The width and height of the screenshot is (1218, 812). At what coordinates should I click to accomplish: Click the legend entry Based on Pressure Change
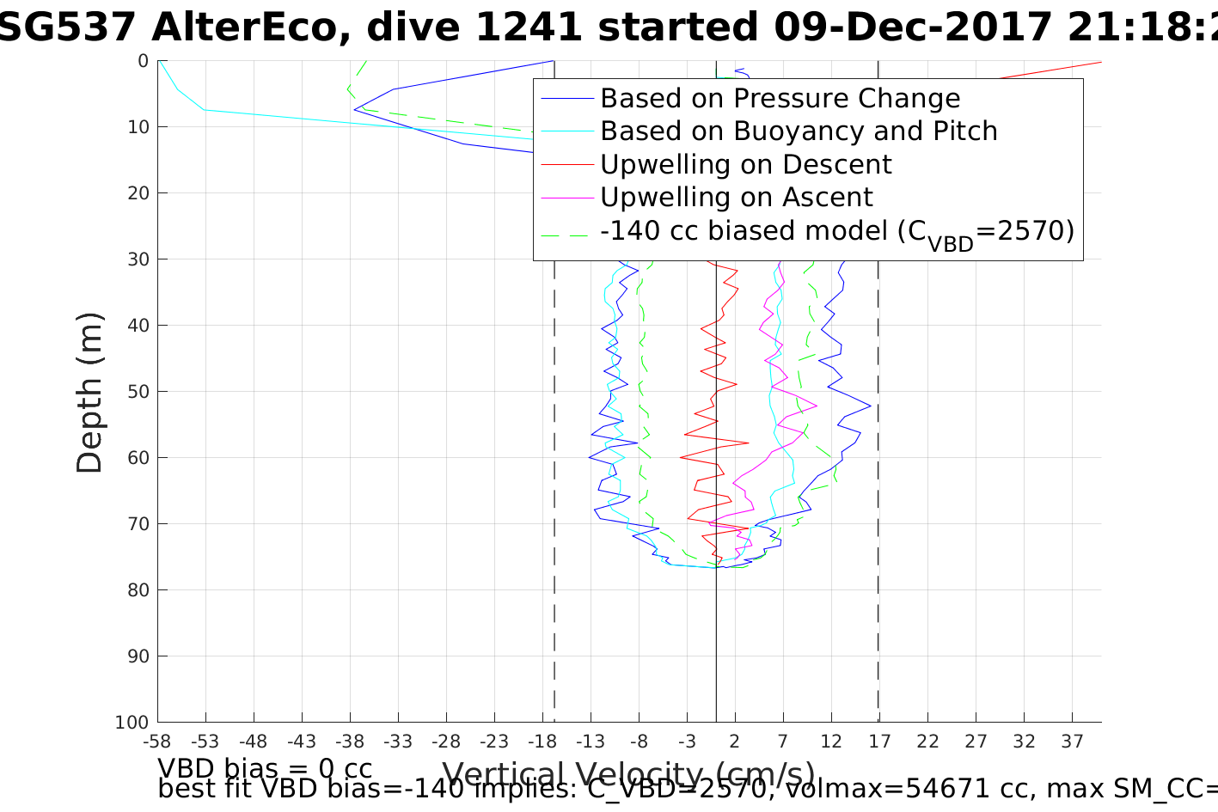coord(780,99)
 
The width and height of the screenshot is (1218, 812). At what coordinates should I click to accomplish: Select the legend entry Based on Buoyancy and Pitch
coord(799,131)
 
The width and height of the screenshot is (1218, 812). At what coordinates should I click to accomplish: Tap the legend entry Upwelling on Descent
coord(745,164)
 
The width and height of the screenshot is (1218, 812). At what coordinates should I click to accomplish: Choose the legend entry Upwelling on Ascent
coord(736,198)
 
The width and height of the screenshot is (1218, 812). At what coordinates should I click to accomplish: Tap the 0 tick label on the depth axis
coord(143,61)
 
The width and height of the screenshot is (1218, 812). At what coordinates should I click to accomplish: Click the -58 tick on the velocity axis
coord(157,742)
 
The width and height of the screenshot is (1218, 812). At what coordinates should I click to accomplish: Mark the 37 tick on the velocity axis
coord(1071,742)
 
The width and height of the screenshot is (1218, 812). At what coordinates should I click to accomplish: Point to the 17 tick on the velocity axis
coord(878,742)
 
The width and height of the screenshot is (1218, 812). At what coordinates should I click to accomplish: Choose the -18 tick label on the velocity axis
coord(542,742)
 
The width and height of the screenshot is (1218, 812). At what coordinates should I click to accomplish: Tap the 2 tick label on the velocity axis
coord(735,742)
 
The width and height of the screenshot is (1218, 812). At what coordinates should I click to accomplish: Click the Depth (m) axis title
coord(89,392)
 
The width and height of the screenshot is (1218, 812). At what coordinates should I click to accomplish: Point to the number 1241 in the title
coord(525,28)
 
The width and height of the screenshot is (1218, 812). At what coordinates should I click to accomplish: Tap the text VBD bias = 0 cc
coord(265,767)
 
